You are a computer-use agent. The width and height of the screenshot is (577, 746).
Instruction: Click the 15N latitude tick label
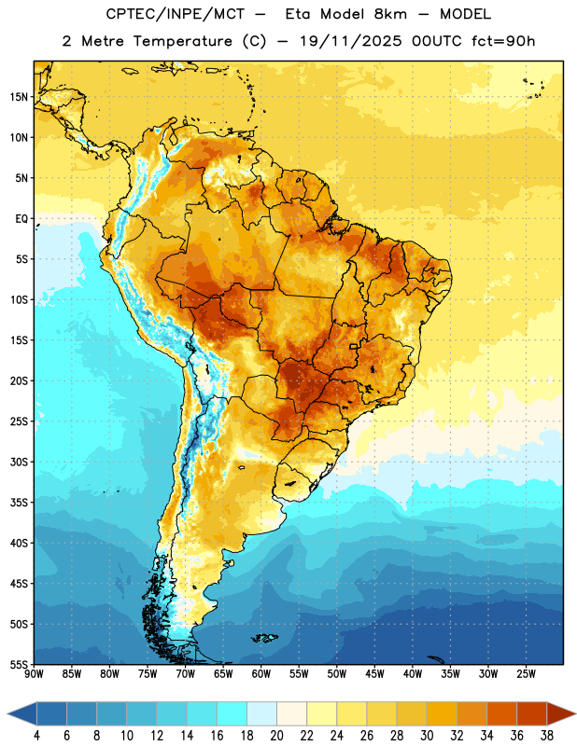(19, 97)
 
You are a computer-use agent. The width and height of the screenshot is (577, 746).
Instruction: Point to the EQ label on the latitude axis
(21, 219)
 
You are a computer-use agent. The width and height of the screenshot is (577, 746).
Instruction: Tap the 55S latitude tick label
(19, 664)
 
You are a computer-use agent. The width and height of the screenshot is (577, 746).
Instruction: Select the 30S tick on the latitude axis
(19, 462)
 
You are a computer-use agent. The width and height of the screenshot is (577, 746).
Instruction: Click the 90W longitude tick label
(34, 674)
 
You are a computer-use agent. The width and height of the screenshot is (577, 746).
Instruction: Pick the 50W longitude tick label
(337, 674)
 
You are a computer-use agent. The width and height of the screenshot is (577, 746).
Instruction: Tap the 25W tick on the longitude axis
(526, 674)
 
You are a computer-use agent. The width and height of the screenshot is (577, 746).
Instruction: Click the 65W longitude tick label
(223, 674)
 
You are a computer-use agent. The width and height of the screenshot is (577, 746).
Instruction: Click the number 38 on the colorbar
(547, 736)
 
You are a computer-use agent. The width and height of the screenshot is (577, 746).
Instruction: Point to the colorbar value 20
(276, 736)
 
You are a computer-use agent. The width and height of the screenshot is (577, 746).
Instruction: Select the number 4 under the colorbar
(36, 736)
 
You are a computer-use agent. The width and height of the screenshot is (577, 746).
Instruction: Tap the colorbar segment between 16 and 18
(232, 713)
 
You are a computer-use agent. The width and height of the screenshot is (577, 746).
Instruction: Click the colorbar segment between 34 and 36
(501, 713)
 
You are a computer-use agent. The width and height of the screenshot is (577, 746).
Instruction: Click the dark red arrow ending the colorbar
(560, 713)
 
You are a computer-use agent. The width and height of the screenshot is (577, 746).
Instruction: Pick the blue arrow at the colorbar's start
(22, 713)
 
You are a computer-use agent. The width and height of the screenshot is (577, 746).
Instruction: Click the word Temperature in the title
(182, 41)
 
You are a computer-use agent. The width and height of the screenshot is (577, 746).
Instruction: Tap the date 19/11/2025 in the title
(351, 41)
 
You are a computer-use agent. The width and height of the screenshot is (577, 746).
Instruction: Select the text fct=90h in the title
(503, 41)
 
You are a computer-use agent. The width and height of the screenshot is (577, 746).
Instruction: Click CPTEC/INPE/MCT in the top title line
(176, 14)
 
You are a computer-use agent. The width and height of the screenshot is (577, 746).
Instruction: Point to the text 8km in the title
(390, 14)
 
